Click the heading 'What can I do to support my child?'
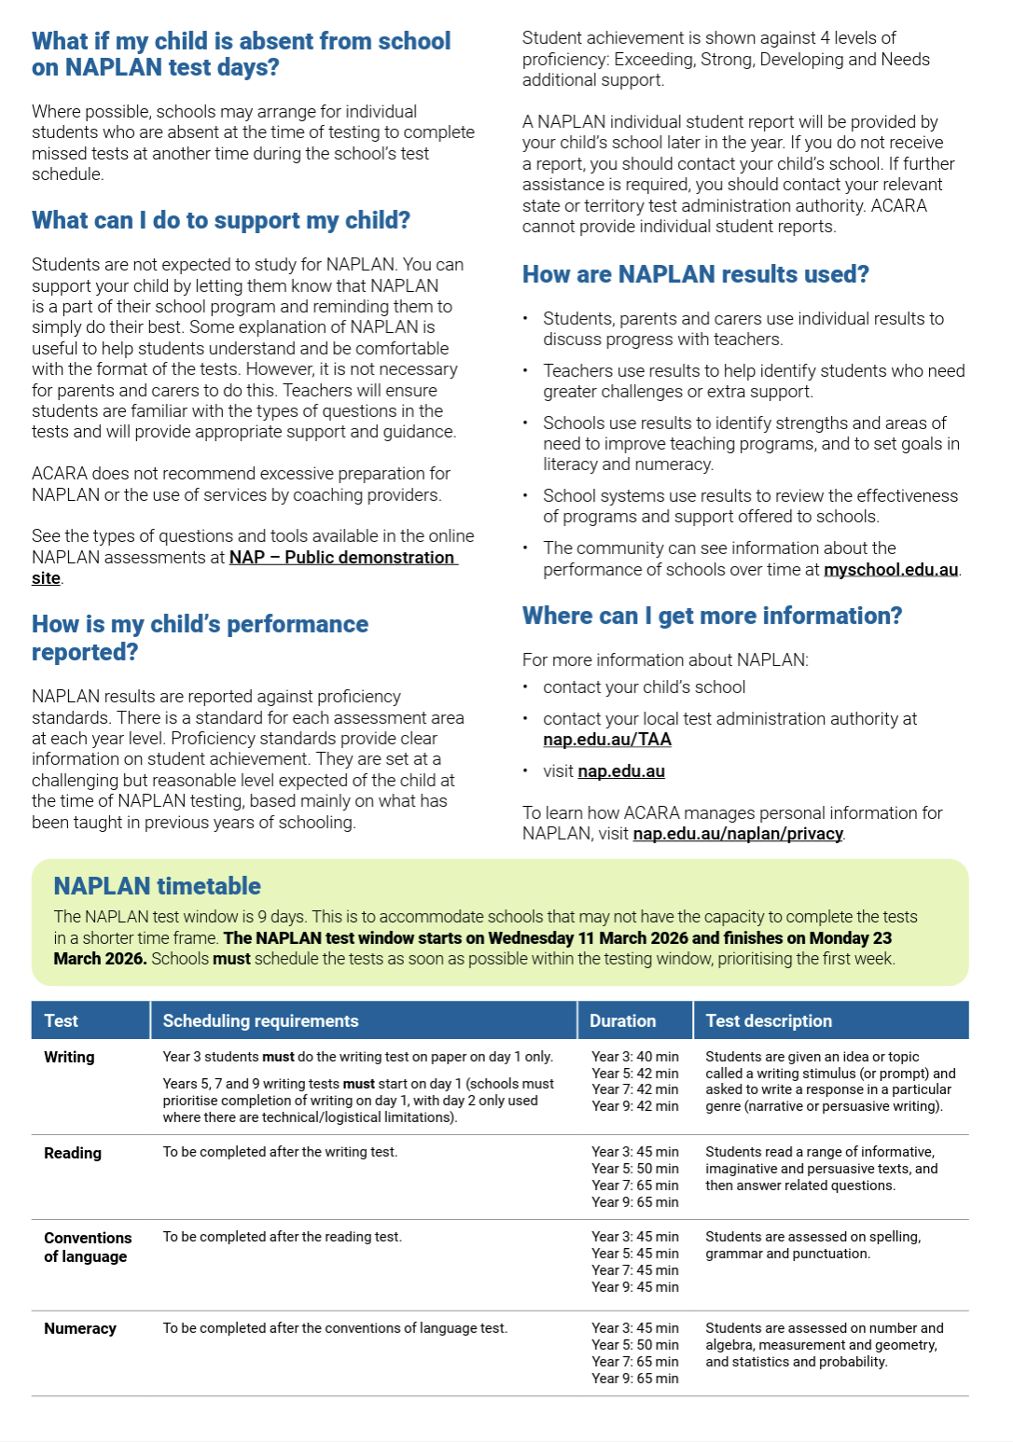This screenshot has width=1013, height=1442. (x=221, y=220)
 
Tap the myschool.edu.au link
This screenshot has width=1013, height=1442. (x=891, y=570)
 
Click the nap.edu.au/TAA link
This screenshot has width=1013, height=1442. (x=607, y=740)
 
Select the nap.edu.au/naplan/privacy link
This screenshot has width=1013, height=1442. (x=738, y=834)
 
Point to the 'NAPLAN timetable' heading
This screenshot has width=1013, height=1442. (x=157, y=886)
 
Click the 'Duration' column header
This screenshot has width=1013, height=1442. (x=622, y=1021)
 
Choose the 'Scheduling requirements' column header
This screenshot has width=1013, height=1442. (x=260, y=1021)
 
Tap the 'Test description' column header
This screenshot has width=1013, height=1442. (x=769, y=1021)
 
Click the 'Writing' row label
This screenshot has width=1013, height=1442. (x=69, y=1058)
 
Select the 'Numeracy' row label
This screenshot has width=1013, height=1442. (x=80, y=1329)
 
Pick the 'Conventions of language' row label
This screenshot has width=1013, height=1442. (x=88, y=1247)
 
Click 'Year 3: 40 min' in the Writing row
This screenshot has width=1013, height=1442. (x=635, y=1058)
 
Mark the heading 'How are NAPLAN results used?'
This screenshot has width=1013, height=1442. (x=695, y=274)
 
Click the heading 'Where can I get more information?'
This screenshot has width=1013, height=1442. (x=712, y=616)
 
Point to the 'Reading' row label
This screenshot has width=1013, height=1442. (x=73, y=1154)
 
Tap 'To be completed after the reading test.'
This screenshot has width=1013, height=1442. (x=282, y=1238)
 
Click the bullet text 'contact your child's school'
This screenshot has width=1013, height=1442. (x=644, y=687)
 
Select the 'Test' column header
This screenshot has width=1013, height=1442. (x=61, y=1021)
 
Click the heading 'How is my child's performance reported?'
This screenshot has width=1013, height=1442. (x=200, y=637)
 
